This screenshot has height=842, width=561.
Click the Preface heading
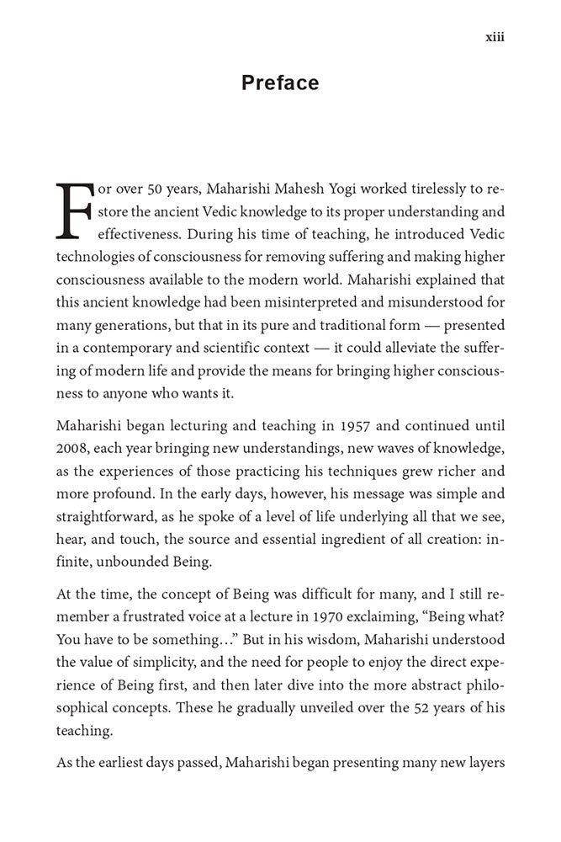click(x=280, y=83)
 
